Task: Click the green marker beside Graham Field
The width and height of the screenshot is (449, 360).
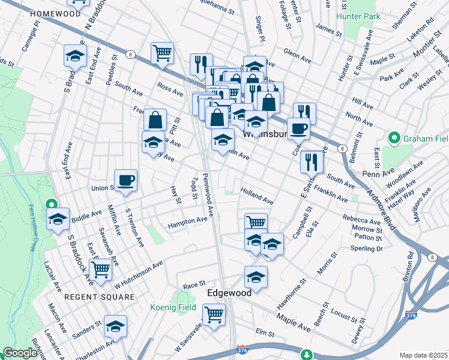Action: coord(394,139)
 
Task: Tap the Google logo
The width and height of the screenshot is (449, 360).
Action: coord(20,353)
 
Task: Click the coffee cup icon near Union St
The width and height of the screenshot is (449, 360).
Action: coord(126,179)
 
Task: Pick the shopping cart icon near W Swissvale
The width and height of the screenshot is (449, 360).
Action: coord(214,314)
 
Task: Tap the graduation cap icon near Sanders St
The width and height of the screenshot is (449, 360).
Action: coord(115,326)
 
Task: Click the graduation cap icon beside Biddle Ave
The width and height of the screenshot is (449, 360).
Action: coord(58,219)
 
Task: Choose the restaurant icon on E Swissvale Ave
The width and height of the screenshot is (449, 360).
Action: coord(312,160)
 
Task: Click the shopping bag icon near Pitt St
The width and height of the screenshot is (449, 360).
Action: coord(155,119)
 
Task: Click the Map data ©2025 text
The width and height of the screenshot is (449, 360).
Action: coord(423,355)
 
